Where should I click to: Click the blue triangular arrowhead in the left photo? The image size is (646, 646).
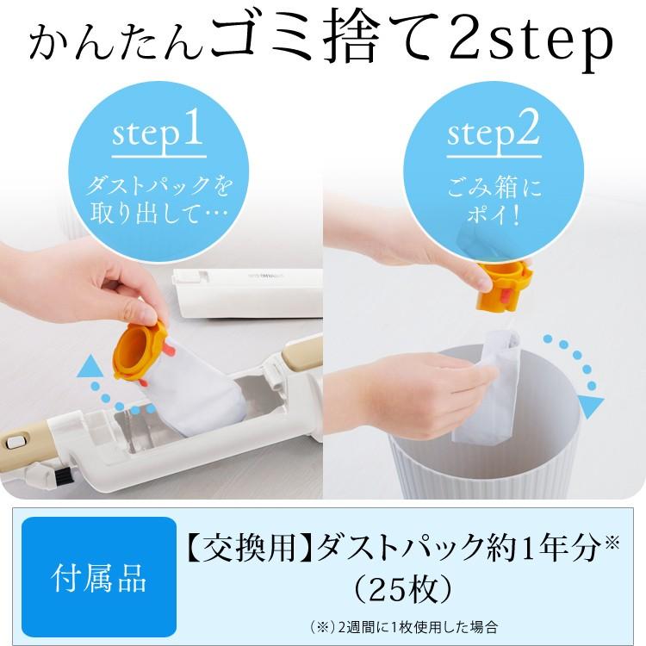pos(89,369)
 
